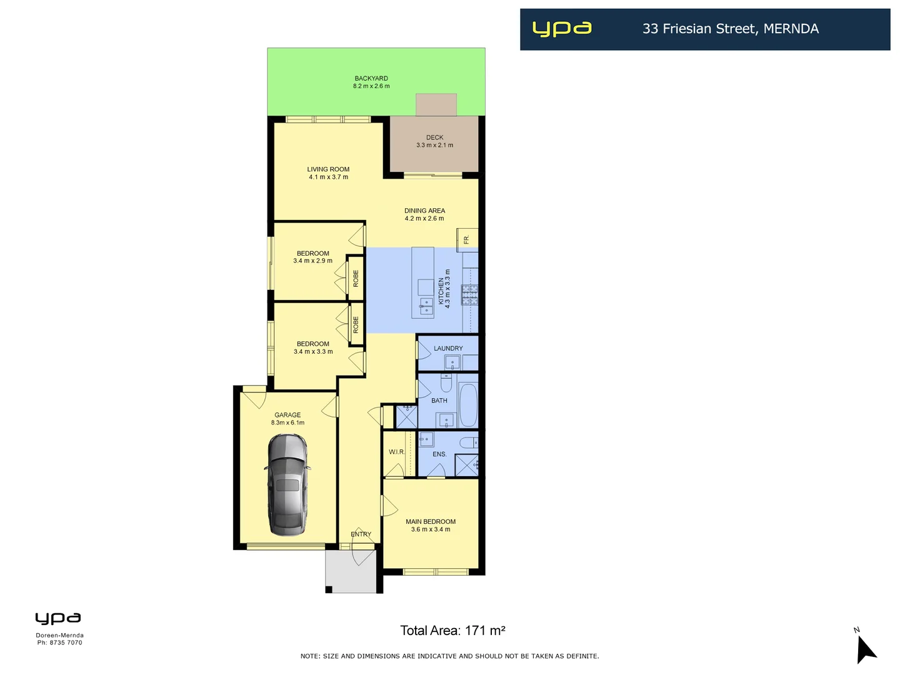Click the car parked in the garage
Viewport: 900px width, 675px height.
click(287, 485)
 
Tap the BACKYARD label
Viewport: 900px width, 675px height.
click(371, 79)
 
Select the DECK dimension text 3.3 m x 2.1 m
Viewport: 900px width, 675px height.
click(435, 145)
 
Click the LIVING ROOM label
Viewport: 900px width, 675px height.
click(328, 169)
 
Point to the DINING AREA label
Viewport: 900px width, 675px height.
click(424, 211)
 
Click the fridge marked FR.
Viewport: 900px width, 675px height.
click(467, 239)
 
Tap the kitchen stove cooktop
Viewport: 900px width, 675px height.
click(470, 294)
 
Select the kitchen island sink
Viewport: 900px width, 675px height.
click(426, 306)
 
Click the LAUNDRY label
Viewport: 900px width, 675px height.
click(448, 348)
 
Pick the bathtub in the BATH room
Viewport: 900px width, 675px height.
click(468, 404)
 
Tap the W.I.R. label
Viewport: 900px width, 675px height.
click(397, 452)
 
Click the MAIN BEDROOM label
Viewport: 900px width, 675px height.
click(431, 521)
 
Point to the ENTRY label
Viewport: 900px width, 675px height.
click(361, 534)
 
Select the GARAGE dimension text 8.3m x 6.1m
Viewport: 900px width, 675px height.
click(287, 422)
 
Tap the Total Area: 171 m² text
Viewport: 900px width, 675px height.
click(452, 631)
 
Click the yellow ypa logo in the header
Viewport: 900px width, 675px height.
click(561, 29)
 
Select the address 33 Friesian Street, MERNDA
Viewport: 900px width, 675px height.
click(730, 29)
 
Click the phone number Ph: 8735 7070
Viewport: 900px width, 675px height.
click(59, 642)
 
